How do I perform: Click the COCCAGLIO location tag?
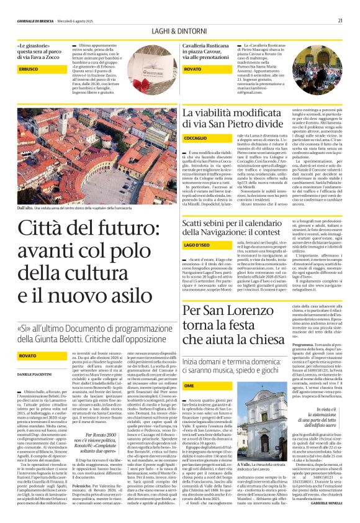pyautogui.click(x=195, y=138)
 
